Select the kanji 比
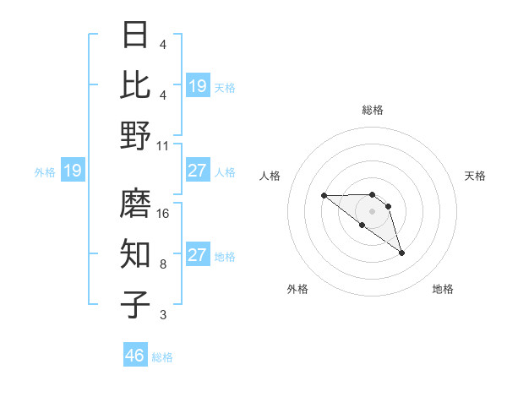pos(136,84)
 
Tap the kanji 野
pos(136,135)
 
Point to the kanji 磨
pos(136,204)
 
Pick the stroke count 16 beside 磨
pos(164,214)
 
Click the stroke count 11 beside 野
pos(164,145)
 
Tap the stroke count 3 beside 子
pos(163,315)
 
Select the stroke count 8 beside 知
pos(163,264)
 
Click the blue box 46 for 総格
pos(135,356)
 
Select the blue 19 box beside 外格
pos(73,171)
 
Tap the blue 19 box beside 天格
pos(198,86)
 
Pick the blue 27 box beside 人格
pos(198,171)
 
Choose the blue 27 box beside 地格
pos(198,255)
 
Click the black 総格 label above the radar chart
pos(372,110)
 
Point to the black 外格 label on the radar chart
pos(297,289)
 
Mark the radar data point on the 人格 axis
pos(324,196)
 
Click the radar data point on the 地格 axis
pos(401,253)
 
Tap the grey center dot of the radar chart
pos(372,210)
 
